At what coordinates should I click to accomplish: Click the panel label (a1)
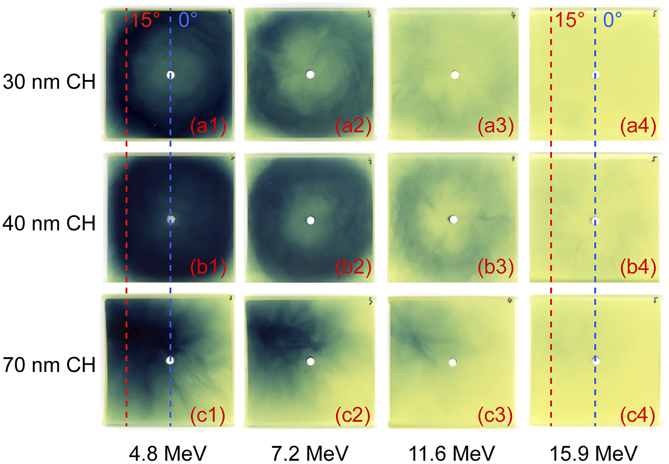point(208,126)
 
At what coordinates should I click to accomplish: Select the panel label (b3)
point(496,268)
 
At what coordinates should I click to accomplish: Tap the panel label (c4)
point(638,415)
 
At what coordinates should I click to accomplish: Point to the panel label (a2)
point(353,126)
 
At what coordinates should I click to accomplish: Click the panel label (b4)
point(638,268)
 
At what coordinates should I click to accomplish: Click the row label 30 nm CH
point(49,82)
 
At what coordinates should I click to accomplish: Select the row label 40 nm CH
point(49,223)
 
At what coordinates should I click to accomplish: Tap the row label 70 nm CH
point(49,365)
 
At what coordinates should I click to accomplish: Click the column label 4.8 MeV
point(167,453)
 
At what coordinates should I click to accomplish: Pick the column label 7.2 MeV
point(310,453)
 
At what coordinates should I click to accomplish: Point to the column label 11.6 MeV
point(451,453)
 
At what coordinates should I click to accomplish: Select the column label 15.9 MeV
point(594,453)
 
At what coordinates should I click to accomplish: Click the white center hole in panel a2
point(310,74)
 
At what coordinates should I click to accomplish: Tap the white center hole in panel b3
point(453,220)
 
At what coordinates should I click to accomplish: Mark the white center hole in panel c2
point(310,361)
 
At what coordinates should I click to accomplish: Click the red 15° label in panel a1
point(145,20)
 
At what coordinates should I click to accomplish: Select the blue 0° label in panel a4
point(612,20)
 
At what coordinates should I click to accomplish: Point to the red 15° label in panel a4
point(570,20)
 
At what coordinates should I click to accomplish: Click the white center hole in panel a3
point(455,74)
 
